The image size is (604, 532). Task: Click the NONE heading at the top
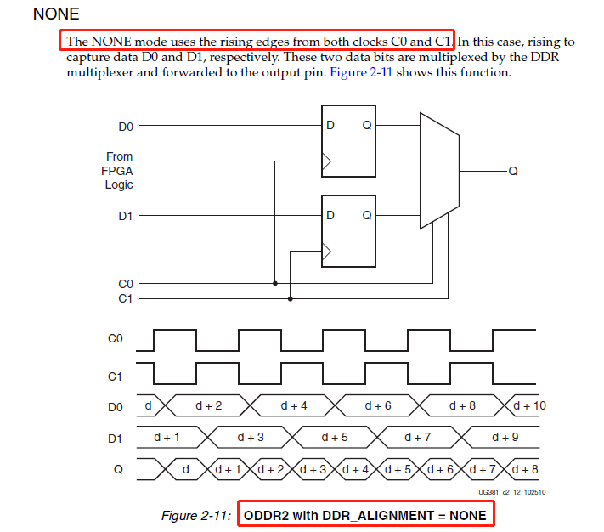coord(55,14)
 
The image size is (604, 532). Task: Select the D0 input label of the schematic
coord(126,127)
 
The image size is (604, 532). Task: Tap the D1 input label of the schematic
coord(126,216)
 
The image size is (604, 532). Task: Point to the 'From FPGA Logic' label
coord(119,171)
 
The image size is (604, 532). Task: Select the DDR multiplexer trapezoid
coord(440,170)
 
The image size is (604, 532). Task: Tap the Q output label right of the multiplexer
coord(512,171)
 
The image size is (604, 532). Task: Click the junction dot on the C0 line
coord(275,283)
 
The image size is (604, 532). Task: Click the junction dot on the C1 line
coord(291,298)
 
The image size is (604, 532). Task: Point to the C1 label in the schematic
coord(125,298)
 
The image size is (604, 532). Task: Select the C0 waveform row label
coord(116,338)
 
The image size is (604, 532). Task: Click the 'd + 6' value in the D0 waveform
coord(378,406)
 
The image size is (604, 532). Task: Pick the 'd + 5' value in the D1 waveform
coord(335,437)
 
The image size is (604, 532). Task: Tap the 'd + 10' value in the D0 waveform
coord(529,406)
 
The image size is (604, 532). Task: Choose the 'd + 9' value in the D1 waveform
coord(506,437)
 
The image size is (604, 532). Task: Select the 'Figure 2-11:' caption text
coord(196,516)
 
